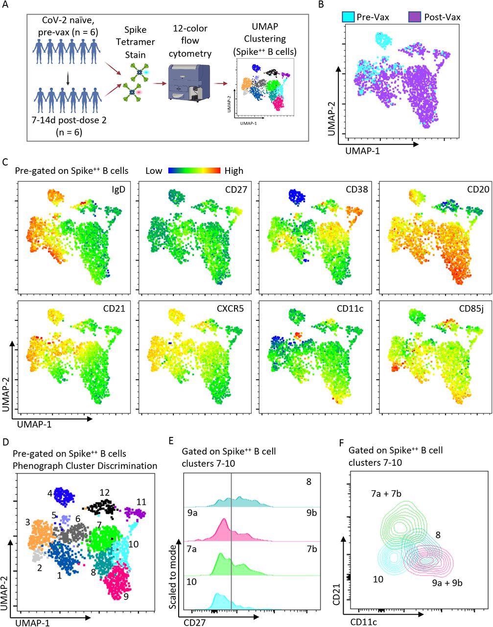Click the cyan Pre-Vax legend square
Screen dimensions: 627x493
pos(349,17)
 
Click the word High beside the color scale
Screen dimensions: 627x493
pos(234,171)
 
